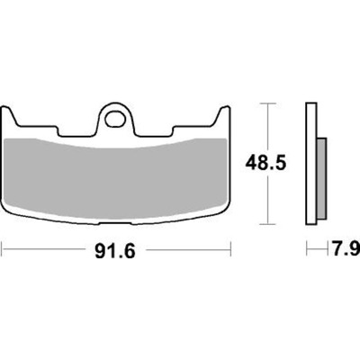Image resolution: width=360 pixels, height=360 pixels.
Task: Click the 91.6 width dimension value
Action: coord(115,251)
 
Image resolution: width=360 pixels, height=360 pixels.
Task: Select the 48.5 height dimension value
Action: coord(265,164)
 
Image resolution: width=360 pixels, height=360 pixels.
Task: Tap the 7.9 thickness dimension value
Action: coord(346,248)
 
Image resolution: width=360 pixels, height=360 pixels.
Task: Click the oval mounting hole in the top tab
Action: coord(115,119)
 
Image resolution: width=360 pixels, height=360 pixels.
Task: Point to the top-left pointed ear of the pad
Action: coord(6,112)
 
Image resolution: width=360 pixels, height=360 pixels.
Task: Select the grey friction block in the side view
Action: coord(321,178)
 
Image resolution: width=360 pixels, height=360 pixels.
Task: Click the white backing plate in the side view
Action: coord(311,164)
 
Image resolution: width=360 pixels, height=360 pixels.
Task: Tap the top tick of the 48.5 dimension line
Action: coord(267,103)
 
